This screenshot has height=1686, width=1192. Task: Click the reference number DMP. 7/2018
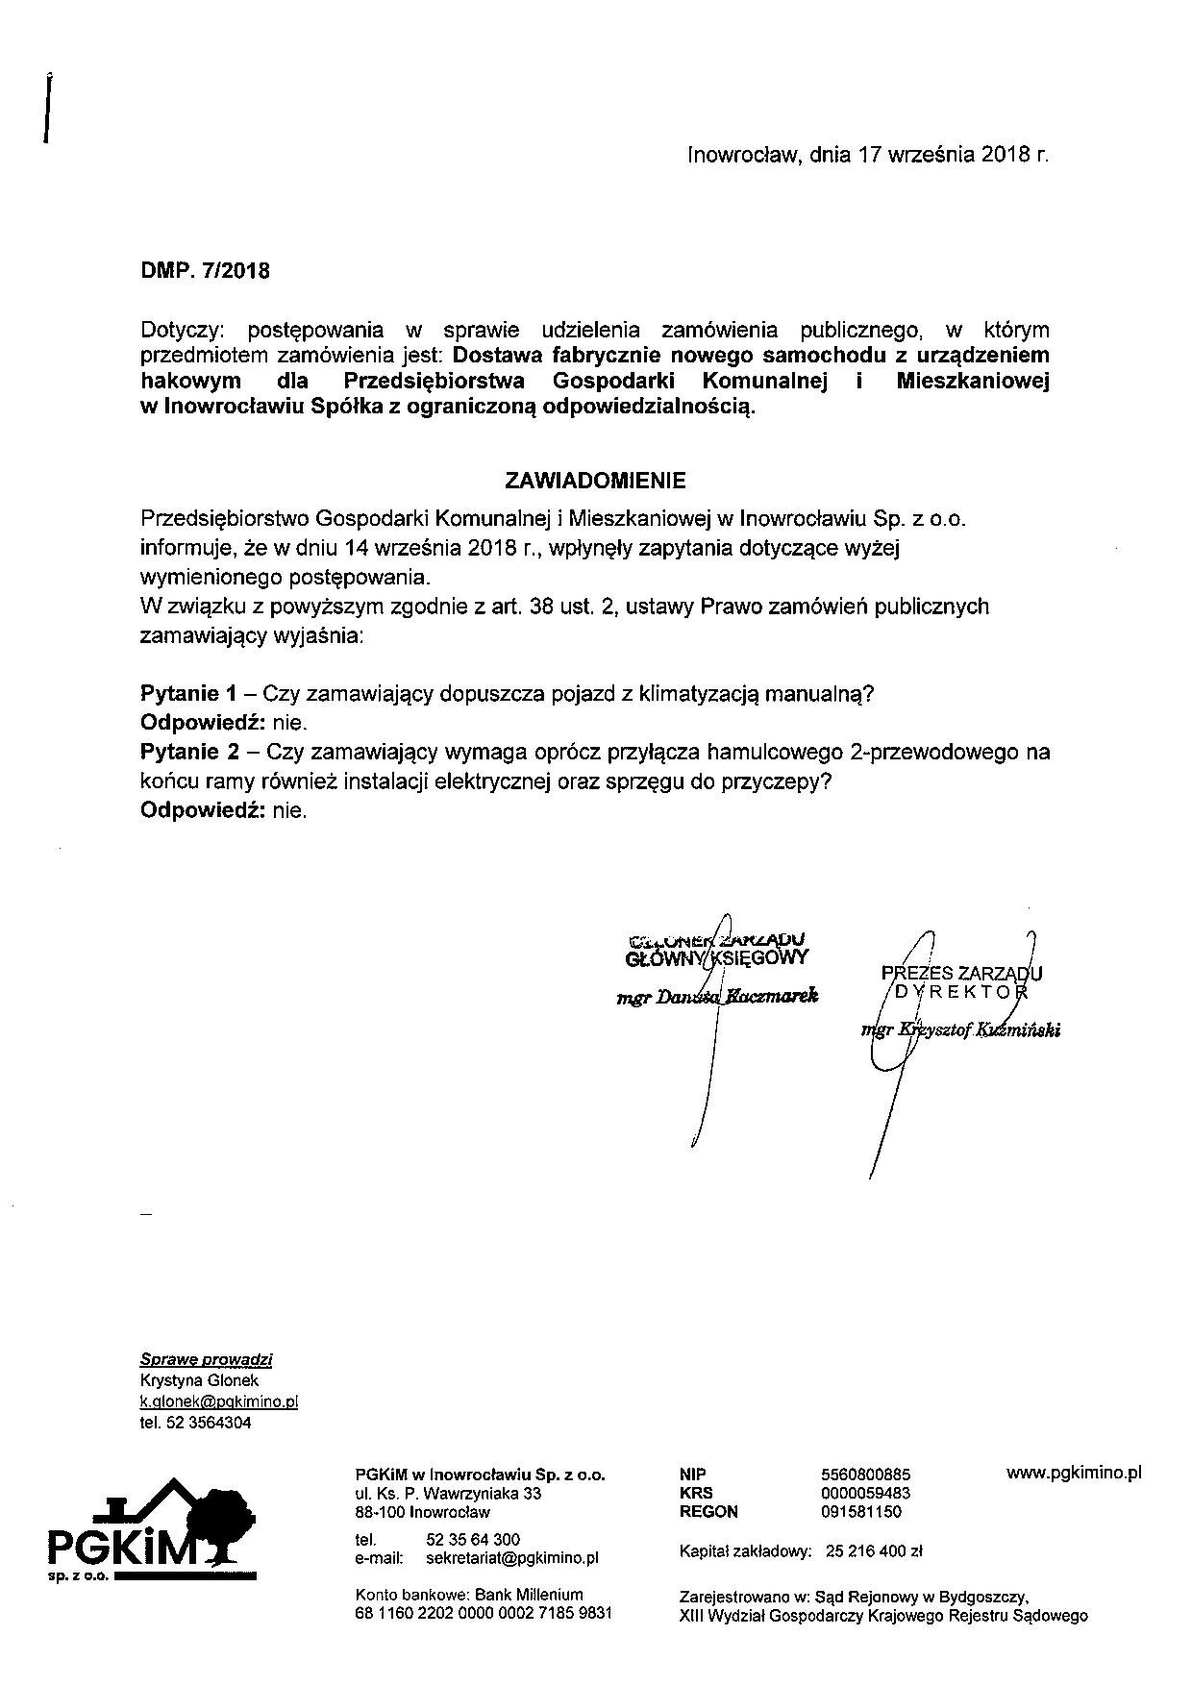coord(205,270)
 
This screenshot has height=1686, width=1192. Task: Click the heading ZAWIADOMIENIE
coord(595,480)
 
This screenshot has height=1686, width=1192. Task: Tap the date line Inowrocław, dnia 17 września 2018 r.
coord(867,154)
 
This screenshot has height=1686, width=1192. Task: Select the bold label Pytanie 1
coord(188,693)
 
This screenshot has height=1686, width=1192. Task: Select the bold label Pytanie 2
coord(188,752)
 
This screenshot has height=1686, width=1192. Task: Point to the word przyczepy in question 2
coord(782,781)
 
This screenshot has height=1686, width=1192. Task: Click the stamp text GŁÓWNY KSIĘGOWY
coord(716,957)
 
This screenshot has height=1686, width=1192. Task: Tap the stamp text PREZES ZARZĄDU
coord(961,973)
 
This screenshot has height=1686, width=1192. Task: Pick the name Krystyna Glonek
coord(199,1380)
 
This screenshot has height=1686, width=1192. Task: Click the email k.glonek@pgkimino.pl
coord(219,1401)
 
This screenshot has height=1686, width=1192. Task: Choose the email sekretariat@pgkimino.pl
coord(511,1557)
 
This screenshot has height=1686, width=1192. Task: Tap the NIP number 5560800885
coord(866,1475)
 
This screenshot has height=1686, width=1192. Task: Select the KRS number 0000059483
coord(866,1493)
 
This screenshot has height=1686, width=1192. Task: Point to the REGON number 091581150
coord(861,1511)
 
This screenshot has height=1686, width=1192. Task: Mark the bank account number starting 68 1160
coord(483,1613)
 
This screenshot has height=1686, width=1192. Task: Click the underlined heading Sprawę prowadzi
coord(206,1359)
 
